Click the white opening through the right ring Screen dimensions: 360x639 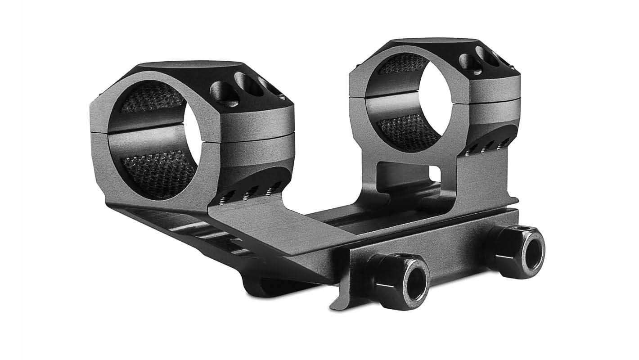430,97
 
